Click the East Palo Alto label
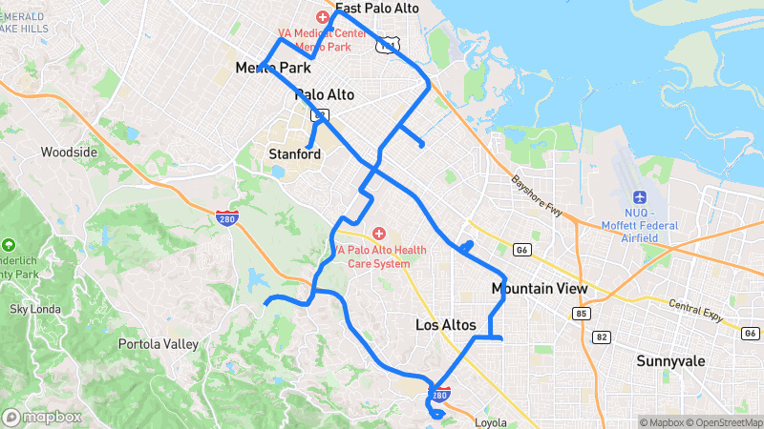pyautogui.click(x=376, y=8)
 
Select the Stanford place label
pyautogui.click(x=294, y=153)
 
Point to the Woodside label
pyautogui.click(x=69, y=152)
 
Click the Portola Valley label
pyautogui.click(x=158, y=343)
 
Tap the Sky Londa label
pyautogui.click(x=34, y=309)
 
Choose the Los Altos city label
pyautogui.click(x=445, y=325)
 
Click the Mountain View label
pyautogui.click(x=539, y=288)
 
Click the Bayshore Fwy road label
pyautogui.click(x=536, y=196)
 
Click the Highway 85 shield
pyautogui.click(x=583, y=313)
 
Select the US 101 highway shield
pyautogui.click(x=387, y=45)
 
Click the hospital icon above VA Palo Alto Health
pyautogui.click(x=378, y=233)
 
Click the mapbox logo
pyautogui.click(x=43, y=417)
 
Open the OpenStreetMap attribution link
pyautogui.click(x=725, y=422)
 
